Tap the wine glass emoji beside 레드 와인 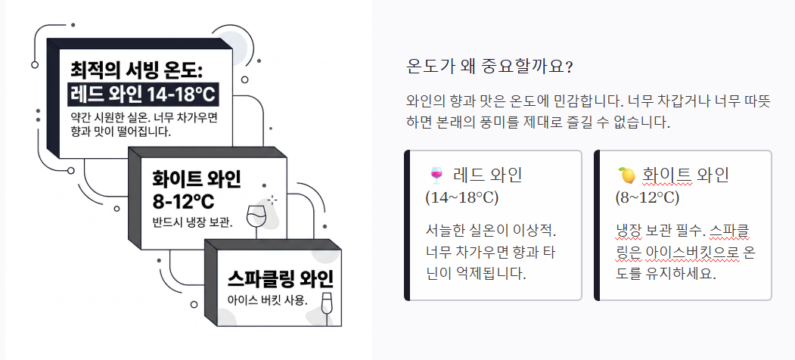tap(436, 176)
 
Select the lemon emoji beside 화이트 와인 tap(626, 176)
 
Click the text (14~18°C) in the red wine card tap(461, 198)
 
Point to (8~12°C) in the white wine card tap(647, 198)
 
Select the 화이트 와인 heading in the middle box tap(196, 179)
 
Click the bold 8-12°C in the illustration tap(184, 202)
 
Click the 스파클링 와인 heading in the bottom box tap(280, 278)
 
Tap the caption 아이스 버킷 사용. tap(268, 299)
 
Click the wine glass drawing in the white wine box tap(256, 215)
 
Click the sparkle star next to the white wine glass tap(273, 199)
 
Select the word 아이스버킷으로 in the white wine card tap(677, 251)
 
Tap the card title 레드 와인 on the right tap(487, 175)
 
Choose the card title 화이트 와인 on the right tap(685, 175)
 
